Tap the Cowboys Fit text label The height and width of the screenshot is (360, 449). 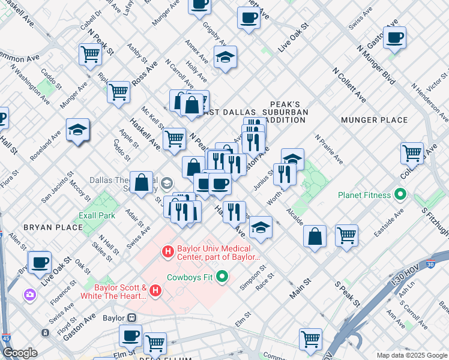[x=190, y=277]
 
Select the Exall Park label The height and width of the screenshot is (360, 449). [x=97, y=215]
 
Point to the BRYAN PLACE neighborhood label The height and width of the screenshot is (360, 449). [x=53, y=227]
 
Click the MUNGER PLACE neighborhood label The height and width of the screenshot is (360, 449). [x=374, y=120]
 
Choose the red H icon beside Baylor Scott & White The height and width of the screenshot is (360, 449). [x=155, y=291]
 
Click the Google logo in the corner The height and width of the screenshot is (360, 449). [x=20, y=353]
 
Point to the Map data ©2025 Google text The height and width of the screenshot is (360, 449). [x=411, y=355]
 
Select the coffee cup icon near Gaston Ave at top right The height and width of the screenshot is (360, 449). [x=394, y=38]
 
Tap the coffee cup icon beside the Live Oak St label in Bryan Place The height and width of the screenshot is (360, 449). [x=40, y=262]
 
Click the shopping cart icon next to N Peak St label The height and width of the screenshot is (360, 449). [x=90, y=55]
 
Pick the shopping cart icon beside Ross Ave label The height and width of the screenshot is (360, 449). [x=119, y=92]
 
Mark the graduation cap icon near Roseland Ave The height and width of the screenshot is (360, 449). [x=77, y=130]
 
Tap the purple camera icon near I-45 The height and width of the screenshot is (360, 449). [x=29, y=294]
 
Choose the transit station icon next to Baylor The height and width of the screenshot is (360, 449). [x=130, y=318]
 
